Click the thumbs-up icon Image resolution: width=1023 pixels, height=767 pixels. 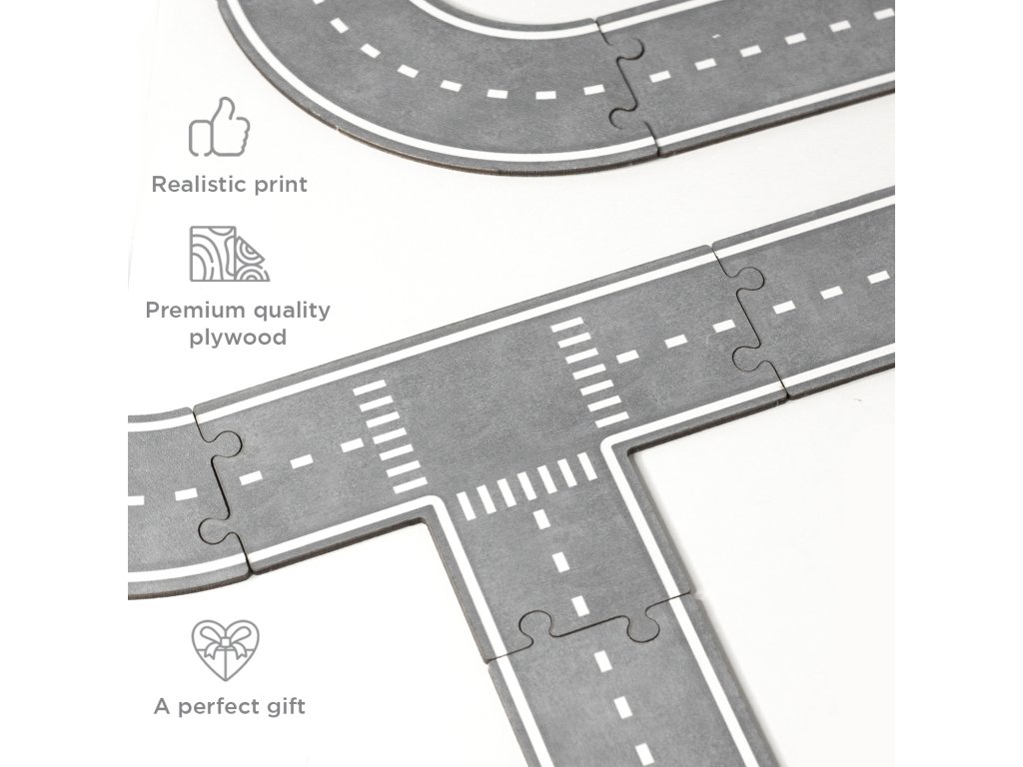coord(220,127)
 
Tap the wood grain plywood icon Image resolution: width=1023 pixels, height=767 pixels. coord(230,254)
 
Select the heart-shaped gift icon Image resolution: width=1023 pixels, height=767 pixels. coord(225,650)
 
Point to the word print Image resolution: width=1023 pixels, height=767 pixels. coord(277,185)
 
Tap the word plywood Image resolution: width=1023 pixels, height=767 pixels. coord(238,338)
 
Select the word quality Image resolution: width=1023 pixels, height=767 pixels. coord(289,310)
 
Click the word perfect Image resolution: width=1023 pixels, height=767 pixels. coord(226,707)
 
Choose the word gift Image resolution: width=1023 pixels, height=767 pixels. coord(287,707)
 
